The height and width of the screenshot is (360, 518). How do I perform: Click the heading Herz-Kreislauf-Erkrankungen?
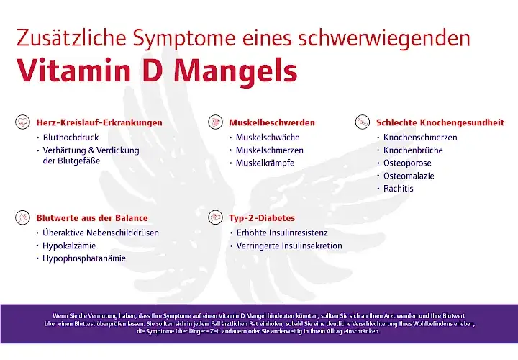pos(99,123)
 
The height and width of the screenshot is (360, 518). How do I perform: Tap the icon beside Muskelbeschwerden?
pos(214,122)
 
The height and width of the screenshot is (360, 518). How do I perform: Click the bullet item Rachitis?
pos(399,189)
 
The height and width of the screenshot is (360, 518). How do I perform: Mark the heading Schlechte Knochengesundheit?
pos(440,123)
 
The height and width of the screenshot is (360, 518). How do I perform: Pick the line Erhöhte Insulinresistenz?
pos(282,233)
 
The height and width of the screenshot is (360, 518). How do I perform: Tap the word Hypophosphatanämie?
pos(85,258)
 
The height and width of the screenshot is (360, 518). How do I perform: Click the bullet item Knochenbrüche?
pos(413,150)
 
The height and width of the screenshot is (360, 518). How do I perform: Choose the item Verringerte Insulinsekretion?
pos(289,246)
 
